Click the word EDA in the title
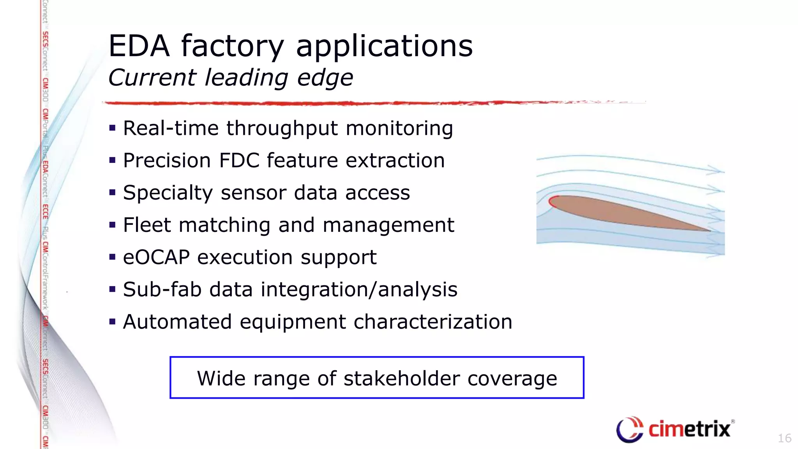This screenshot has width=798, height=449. click(139, 46)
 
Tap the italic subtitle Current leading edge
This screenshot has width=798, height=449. click(231, 78)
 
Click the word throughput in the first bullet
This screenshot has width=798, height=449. click(282, 129)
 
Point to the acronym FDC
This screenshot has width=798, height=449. click(239, 161)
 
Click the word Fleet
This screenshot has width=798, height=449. click(147, 225)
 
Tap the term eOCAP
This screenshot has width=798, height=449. click(156, 258)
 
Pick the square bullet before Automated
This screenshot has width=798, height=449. click(113, 322)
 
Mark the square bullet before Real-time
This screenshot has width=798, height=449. click(113, 128)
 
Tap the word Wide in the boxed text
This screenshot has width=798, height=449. click(221, 378)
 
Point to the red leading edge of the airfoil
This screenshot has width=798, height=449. click(551, 202)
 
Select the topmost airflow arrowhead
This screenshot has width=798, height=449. click(716, 170)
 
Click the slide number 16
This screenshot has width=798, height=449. click(784, 438)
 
